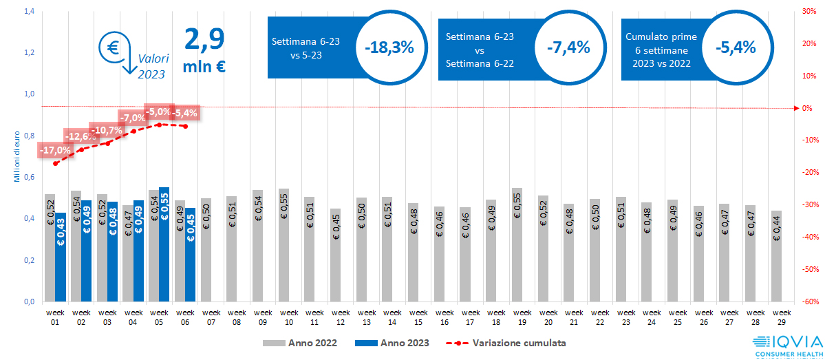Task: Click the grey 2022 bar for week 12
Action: pyautogui.click(x=335, y=255)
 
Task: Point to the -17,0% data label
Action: pyautogui.click(x=55, y=149)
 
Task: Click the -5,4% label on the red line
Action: pyautogui.click(x=185, y=113)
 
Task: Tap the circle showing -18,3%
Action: pyautogui.click(x=389, y=47)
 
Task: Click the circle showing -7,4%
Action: pyautogui.click(x=568, y=47)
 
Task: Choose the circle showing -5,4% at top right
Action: pyautogui.click(x=736, y=47)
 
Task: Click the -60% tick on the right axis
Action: pyautogui.click(x=808, y=301)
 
